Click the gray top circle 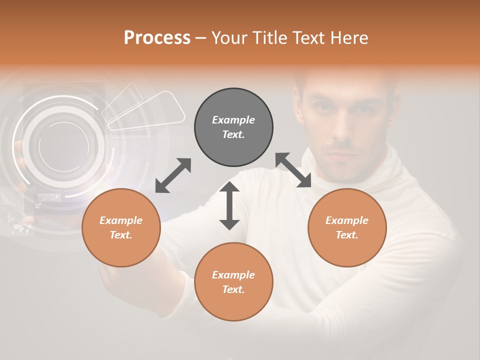pos(233,127)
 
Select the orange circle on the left pos(121,228)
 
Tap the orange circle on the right pos(347,228)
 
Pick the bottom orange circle pos(233,282)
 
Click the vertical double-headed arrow pos(229,205)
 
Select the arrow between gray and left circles pos(173,175)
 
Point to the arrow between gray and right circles pos(293,170)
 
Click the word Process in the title pos(157,37)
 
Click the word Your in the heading pos(228,37)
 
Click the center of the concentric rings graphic pos(63,145)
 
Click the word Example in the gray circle pos(233,120)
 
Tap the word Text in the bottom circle pos(233,289)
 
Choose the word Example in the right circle pos(347,220)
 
